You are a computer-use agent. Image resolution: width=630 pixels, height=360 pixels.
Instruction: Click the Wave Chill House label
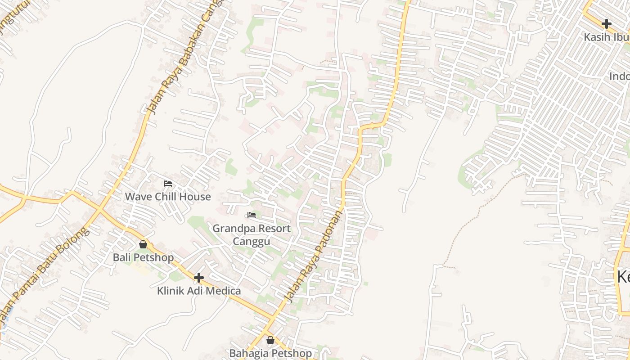(168, 197)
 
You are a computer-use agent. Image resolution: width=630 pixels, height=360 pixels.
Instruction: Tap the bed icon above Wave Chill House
(168, 184)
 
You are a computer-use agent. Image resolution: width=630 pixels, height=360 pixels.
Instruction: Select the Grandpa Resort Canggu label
(252, 235)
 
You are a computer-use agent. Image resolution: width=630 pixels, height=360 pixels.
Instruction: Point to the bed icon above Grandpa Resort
(252, 215)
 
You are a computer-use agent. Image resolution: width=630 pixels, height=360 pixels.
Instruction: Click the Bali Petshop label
(143, 258)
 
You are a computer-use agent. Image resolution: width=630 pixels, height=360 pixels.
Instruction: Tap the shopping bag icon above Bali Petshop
(143, 244)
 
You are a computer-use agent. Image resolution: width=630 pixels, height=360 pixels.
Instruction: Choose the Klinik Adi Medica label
(199, 291)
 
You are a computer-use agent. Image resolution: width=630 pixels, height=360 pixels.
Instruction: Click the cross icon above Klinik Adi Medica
(198, 278)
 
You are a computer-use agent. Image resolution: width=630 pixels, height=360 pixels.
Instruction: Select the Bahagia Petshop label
(270, 353)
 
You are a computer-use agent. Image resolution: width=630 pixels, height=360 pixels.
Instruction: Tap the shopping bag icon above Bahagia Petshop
(270, 340)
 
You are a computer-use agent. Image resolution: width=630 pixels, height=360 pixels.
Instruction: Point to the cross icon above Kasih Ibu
(607, 23)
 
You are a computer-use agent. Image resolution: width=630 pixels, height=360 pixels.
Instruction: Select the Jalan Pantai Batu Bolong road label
(43, 274)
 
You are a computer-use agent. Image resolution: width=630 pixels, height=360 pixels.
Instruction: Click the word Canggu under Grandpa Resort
(252, 242)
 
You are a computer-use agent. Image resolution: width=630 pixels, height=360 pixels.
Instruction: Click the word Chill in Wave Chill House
(168, 197)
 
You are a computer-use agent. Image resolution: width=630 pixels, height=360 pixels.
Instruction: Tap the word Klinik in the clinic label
(171, 291)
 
